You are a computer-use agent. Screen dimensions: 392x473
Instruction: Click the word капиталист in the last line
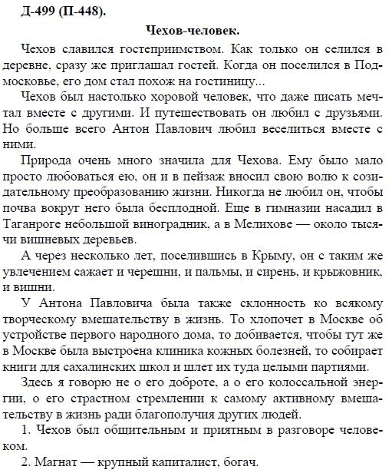coord(186,464)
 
